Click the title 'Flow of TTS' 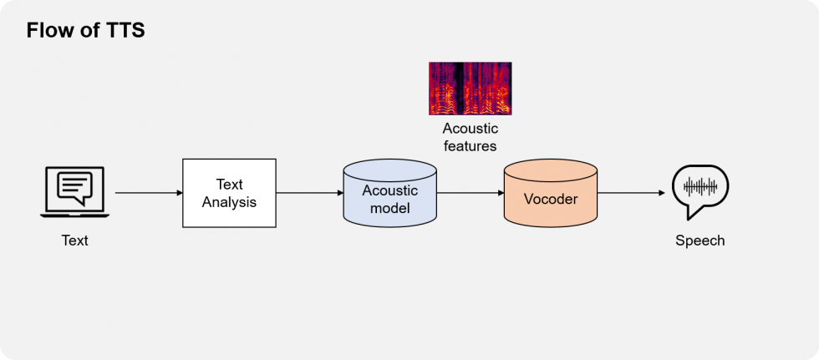[85, 30]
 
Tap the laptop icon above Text [74, 192]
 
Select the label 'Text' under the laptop [74, 241]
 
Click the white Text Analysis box [229, 193]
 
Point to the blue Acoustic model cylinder [389, 193]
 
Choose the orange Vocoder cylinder [551, 193]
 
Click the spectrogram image [470, 89]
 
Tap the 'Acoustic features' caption [470, 137]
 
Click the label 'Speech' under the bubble [700, 241]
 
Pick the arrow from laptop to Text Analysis [149, 193]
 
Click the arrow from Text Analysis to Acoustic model [310, 193]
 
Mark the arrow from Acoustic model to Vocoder [470, 193]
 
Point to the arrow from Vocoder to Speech [631, 193]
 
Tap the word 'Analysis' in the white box [229, 202]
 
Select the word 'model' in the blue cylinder [389, 208]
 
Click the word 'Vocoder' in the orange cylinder [551, 199]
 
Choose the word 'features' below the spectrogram [470, 145]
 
